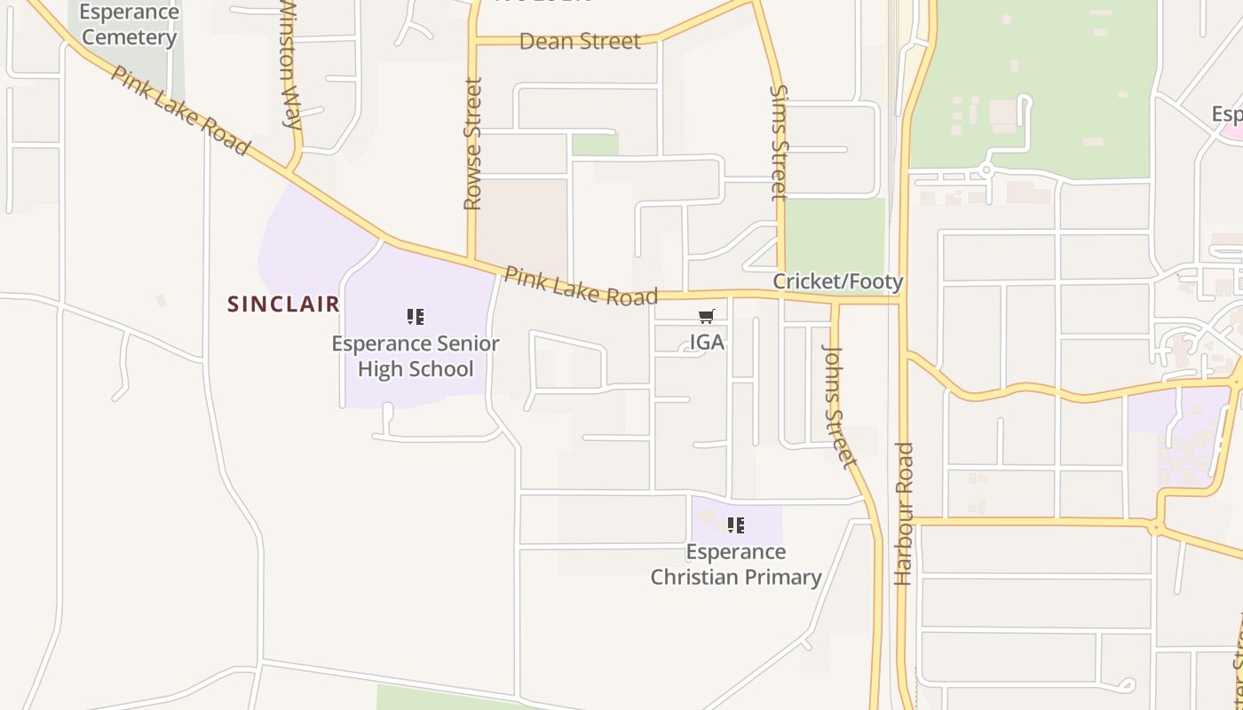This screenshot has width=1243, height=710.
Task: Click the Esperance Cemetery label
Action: (129, 25)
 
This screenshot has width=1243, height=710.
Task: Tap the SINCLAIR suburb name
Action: (283, 304)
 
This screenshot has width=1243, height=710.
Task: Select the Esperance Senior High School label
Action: (416, 356)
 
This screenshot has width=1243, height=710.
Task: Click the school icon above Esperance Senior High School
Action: (416, 317)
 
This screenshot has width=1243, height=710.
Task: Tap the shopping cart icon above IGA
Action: (707, 317)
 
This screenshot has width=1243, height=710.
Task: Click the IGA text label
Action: (707, 342)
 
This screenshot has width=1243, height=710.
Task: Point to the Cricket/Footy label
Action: (837, 282)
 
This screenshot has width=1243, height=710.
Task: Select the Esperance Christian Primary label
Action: (736, 564)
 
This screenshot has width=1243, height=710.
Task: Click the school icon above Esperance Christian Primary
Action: (736, 525)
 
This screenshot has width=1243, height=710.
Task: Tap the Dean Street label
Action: (580, 42)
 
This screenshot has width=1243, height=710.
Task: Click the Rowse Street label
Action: (472, 144)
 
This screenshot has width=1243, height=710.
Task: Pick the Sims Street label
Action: (779, 142)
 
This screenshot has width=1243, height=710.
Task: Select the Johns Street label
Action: (838, 405)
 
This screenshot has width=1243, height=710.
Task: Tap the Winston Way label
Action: (292, 67)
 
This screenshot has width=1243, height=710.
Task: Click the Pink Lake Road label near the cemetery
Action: (179, 110)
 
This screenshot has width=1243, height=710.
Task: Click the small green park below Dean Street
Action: (595, 145)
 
